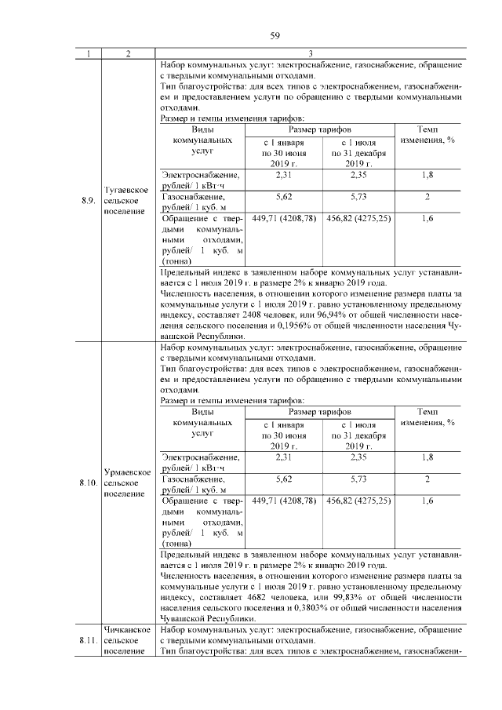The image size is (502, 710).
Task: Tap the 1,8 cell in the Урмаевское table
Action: click(x=427, y=457)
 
